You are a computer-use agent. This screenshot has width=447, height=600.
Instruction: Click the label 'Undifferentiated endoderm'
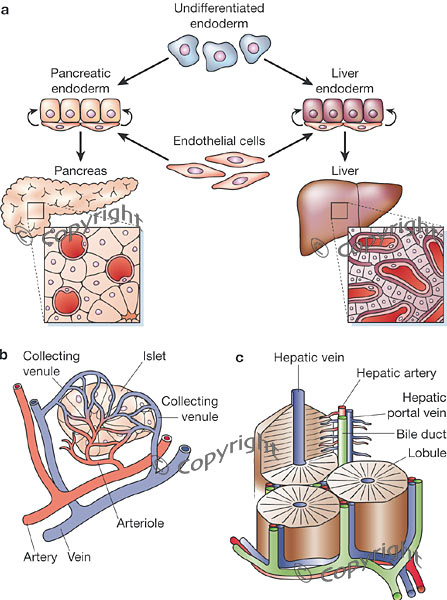pos(219,16)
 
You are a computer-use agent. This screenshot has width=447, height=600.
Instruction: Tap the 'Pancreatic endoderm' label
pos(80,81)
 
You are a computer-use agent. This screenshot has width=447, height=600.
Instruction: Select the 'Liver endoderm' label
pos(344,81)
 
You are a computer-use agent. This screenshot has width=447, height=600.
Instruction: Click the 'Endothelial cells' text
pos(219,141)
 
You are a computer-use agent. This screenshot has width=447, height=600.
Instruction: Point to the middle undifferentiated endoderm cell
pos(219,55)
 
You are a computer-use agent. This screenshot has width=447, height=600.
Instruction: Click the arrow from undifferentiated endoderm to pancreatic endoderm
pos(144,71)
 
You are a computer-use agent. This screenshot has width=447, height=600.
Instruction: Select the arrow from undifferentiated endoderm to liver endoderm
pos(289,71)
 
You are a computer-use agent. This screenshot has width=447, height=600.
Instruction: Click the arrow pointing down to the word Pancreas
pos(80,146)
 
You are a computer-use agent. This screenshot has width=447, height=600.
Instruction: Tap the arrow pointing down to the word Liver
pos(345,146)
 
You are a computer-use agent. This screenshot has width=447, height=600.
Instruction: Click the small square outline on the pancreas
pos(36,211)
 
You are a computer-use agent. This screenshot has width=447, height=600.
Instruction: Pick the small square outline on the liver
pos(339,211)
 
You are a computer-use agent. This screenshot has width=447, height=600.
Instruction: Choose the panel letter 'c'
pos(240,358)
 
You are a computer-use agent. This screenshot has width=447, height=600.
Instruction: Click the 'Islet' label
pos(154,356)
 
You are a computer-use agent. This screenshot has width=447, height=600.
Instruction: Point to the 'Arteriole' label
pos(140,523)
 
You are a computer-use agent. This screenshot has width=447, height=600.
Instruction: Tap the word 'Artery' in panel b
pos(40,557)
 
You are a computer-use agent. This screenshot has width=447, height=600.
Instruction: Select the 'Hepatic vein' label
pos(309,357)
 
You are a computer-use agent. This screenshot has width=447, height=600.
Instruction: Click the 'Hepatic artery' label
pos(396,373)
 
